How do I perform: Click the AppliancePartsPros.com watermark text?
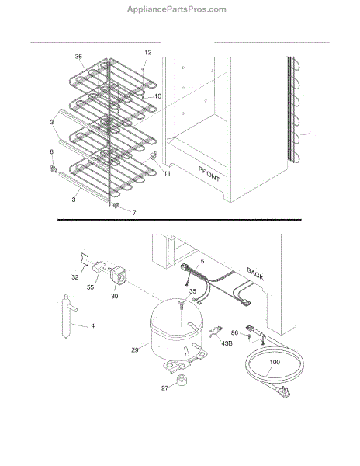tap(177, 9)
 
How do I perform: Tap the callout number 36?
tap(78, 57)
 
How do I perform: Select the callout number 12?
tap(148, 53)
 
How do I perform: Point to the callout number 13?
tap(158, 96)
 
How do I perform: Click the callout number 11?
tap(168, 173)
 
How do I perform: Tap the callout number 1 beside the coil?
tap(310, 135)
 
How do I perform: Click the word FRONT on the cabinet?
tap(209, 174)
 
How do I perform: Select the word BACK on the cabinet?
tap(255, 273)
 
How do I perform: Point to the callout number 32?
tap(75, 277)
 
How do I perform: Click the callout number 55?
tap(90, 287)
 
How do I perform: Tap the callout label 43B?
tap(227, 343)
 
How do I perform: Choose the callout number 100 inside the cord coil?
tap(275, 362)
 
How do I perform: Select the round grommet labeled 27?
tap(181, 380)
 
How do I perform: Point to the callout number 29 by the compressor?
tap(135, 350)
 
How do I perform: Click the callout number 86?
tap(234, 332)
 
